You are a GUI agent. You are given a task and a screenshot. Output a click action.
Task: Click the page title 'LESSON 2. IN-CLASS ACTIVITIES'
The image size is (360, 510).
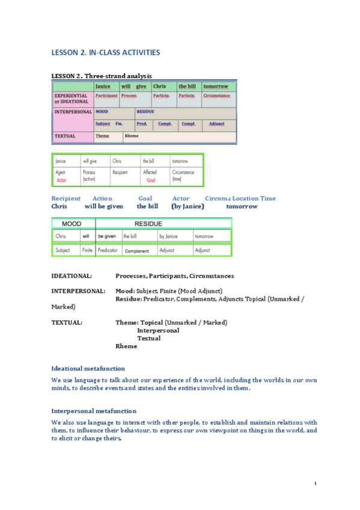coord(106,53)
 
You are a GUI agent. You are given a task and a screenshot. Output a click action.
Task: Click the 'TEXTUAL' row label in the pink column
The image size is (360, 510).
coord(64,136)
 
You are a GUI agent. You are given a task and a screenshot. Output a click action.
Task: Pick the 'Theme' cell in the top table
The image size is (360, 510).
coord(102,136)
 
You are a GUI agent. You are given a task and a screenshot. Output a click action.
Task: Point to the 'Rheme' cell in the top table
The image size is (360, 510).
coord(132,136)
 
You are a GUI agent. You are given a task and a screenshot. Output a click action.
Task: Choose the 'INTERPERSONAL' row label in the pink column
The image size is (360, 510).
coord(73,112)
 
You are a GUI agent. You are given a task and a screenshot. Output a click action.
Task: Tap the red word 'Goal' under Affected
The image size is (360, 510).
coord(151,180)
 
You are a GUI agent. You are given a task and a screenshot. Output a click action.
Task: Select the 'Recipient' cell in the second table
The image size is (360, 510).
coord(120,172)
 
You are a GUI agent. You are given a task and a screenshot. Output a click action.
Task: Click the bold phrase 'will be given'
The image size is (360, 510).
coord(103,206)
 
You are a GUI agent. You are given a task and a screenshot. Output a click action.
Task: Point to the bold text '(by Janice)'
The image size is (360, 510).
coord(188,206)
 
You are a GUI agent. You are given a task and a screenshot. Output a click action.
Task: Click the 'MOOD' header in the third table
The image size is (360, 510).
coord(72,224)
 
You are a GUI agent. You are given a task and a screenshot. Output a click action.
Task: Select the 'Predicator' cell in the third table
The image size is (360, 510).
coord(108,250)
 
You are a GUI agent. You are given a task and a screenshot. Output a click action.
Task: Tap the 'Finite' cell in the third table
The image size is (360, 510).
coord(87,250)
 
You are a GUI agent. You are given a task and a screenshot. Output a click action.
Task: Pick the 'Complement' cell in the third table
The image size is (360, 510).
coord(136,250)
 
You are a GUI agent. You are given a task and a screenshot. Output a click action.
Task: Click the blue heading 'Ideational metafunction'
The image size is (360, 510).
coord(88,368)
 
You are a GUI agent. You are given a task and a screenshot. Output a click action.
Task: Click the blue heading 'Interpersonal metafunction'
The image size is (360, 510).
coord(94,411)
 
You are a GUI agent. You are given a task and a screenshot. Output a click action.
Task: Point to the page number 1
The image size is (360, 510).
coord(315,484)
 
